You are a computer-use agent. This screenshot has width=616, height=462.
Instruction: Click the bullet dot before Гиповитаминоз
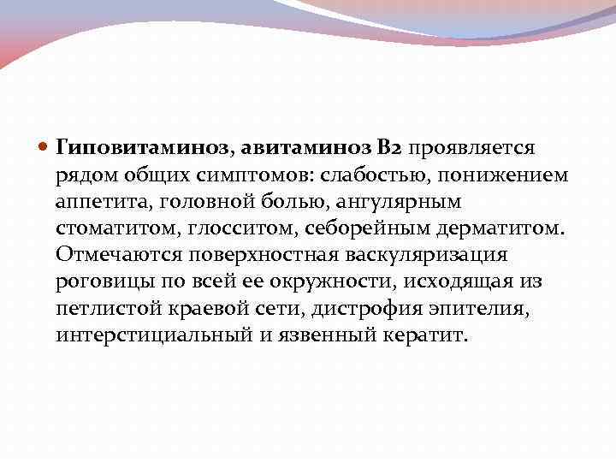coord(44,147)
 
